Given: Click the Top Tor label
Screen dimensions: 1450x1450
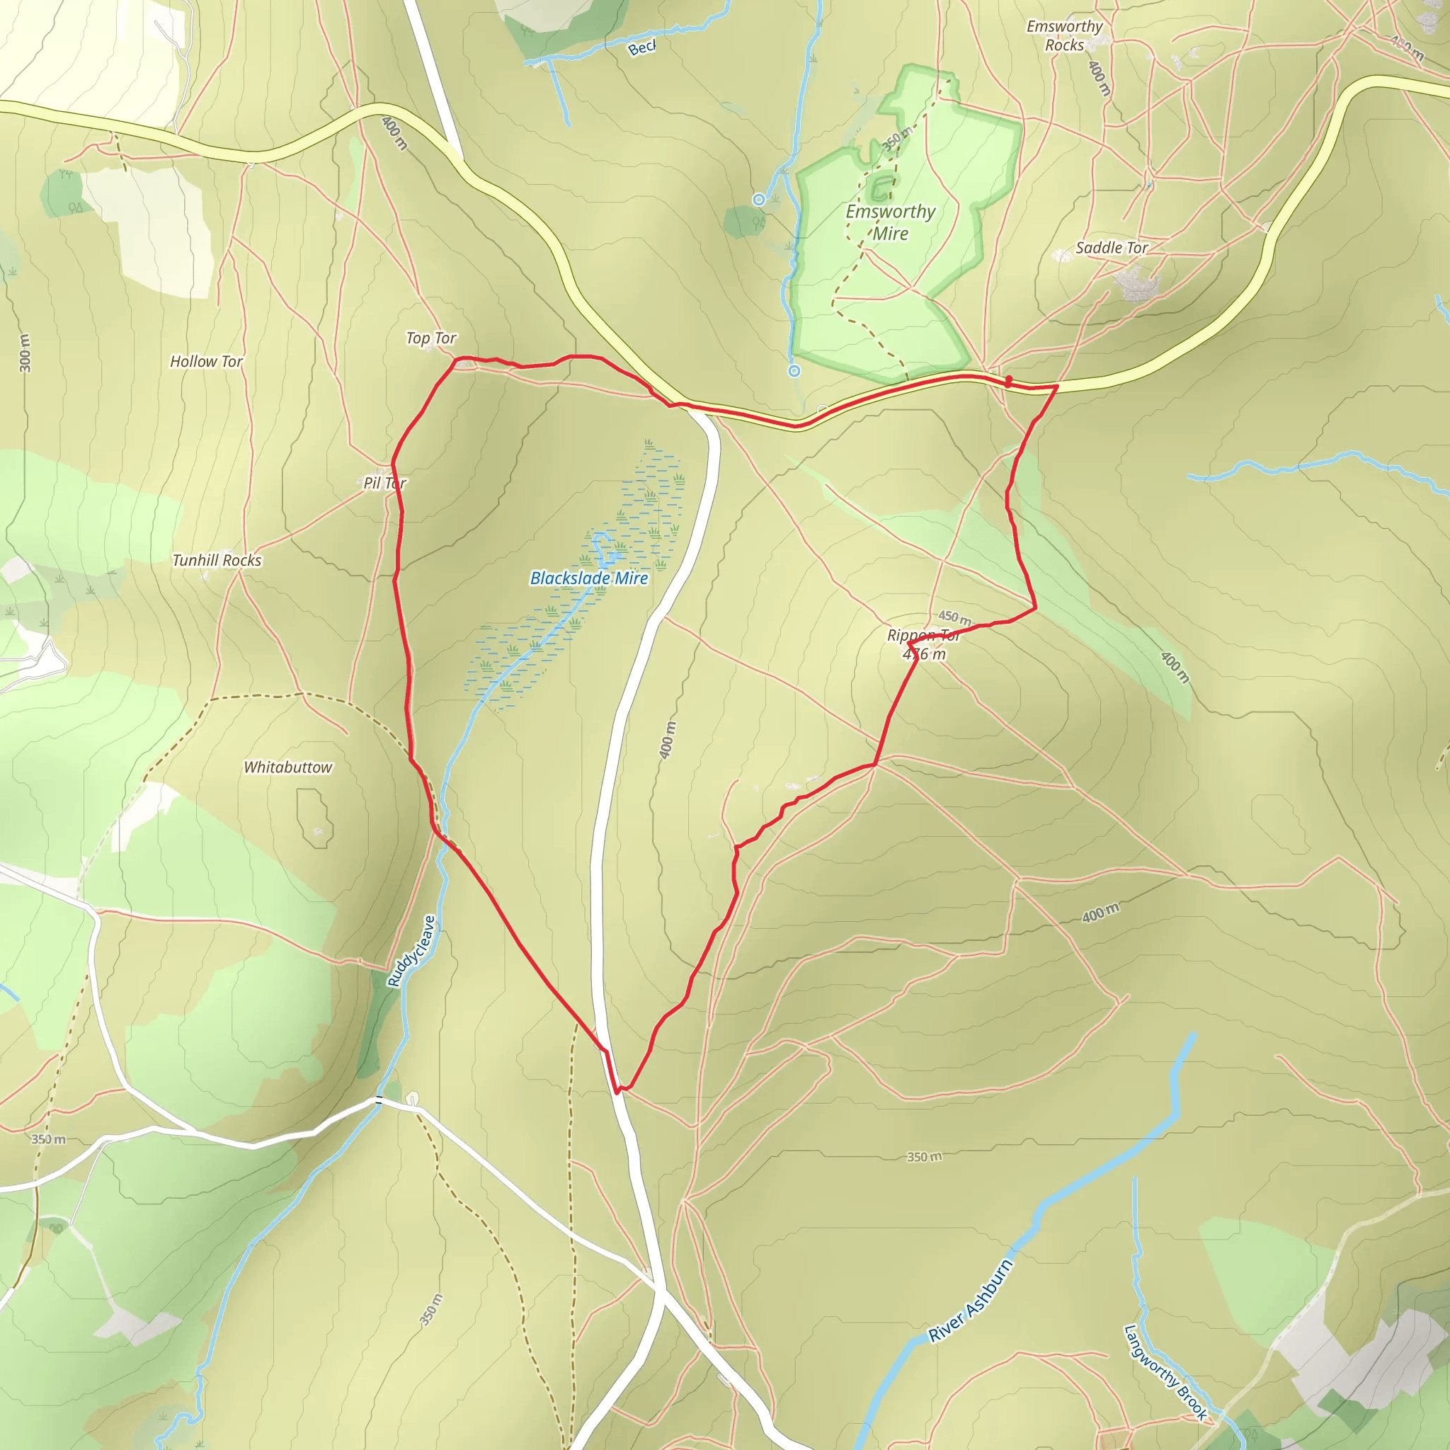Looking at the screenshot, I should pyautogui.click(x=430, y=338).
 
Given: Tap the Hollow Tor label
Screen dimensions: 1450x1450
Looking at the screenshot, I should pyautogui.click(x=207, y=362).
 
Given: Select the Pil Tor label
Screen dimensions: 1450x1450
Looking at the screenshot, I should pyautogui.click(x=385, y=484).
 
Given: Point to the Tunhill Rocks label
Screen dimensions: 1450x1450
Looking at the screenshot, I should pyautogui.click(x=217, y=561).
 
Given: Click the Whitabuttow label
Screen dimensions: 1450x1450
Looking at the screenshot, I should pyautogui.click(x=288, y=767).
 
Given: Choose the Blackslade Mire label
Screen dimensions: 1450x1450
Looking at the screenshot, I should pyautogui.click(x=589, y=578).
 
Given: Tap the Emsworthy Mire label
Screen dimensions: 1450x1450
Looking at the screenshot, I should pyautogui.click(x=891, y=222).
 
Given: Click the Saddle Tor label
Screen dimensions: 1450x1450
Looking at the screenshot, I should pyautogui.click(x=1112, y=248).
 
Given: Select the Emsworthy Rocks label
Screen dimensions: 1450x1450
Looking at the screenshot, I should pyautogui.click(x=1064, y=35).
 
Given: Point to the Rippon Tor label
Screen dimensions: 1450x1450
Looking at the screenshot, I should pyautogui.click(x=923, y=636).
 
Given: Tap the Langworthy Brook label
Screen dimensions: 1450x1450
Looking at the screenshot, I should pyautogui.click(x=1165, y=1373).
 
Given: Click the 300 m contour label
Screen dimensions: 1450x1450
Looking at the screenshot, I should pyautogui.click(x=25, y=353).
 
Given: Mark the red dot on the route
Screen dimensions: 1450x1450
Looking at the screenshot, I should pyautogui.click(x=1009, y=379).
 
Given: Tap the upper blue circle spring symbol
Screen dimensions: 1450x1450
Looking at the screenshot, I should pyautogui.click(x=759, y=200).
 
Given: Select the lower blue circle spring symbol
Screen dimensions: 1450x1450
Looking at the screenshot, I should pyautogui.click(x=794, y=371).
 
